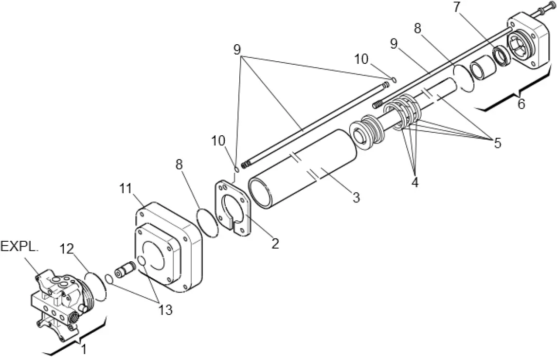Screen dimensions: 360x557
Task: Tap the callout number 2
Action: click(275, 244)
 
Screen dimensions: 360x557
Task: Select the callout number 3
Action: click(356, 197)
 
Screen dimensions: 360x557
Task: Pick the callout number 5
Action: click(497, 143)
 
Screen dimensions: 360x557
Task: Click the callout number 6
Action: click(521, 104)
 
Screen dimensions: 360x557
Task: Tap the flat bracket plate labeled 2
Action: click(234, 207)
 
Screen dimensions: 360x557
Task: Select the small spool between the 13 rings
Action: click(125, 268)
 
